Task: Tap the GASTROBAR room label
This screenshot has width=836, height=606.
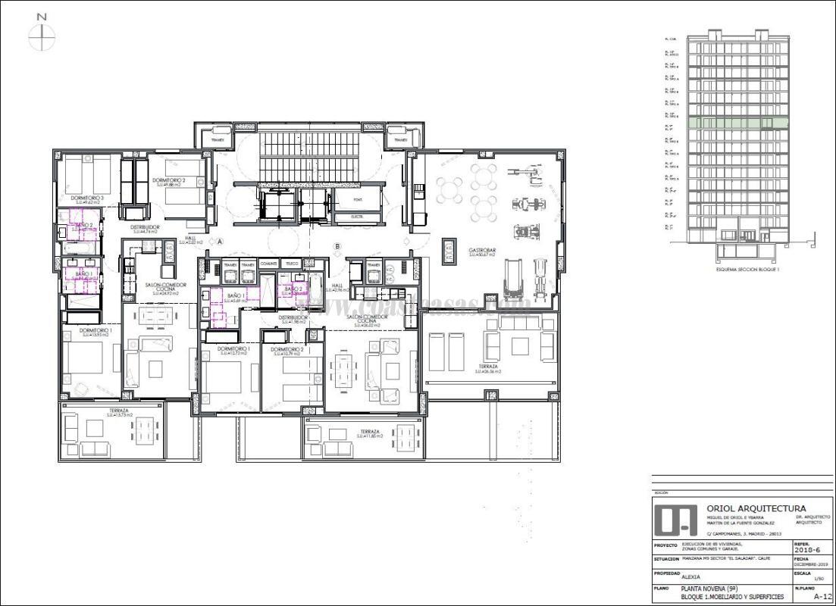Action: [481, 251]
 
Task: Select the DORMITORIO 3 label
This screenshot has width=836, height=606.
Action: [85, 198]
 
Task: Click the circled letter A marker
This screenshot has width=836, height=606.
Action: [220, 242]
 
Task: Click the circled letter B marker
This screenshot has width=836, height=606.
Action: [338, 245]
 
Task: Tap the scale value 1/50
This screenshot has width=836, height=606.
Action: [818, 579]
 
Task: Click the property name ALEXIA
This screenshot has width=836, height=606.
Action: [691, 576]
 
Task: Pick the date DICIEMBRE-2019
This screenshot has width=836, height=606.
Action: [810, 565]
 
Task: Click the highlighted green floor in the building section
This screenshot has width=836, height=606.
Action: [737, 123]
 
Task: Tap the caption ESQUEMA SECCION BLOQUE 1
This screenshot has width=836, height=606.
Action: [748, 270]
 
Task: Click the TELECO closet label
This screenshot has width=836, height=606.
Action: [290, 263]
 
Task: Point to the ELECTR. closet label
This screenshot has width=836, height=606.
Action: [357, 217]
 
